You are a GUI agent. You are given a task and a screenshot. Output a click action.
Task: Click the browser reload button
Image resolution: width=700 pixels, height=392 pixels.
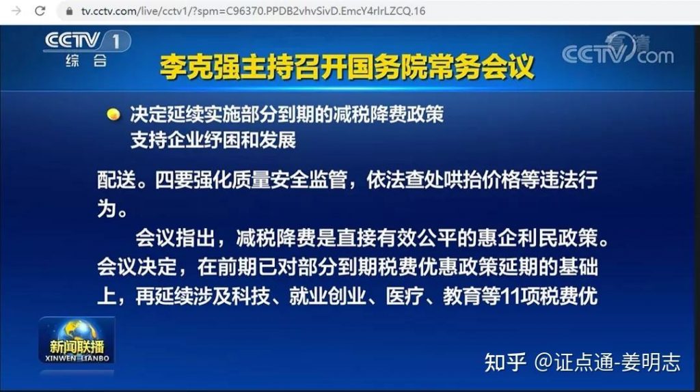(x=40, y=11)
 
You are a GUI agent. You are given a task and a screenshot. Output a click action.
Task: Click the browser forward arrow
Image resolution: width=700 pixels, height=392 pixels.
(x=16, y=11)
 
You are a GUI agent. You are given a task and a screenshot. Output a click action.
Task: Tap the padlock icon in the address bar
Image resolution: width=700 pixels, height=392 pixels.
(x=68, y=12)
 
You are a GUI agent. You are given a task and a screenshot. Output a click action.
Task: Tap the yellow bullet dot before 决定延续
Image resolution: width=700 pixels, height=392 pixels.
(x=113, y=114)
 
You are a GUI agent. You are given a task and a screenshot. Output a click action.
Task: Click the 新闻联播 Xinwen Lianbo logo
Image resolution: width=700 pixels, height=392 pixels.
(x=76, y=340)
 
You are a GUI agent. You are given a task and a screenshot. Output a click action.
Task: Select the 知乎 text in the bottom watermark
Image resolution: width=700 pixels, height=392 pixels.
(x=505, y=363)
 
